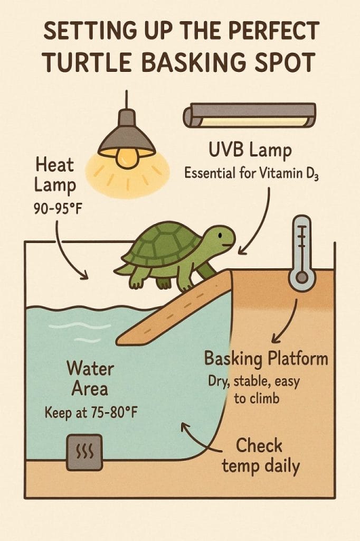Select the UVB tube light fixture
(x=249, y=115)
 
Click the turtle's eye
(x=220, y=235)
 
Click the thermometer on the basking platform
(x=302, y=254)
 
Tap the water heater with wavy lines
(x=84, y=452)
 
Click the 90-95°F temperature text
(x=58, y=208)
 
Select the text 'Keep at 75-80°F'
(x=91, y=412)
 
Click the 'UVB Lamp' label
(x=250, y=151)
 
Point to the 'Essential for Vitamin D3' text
(x=251, y=173)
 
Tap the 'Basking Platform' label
(x=266, y=359)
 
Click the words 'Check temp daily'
(x=261, y=455)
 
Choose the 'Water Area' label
(x=90, y=378)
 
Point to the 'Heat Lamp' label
(x=55, y=174)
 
